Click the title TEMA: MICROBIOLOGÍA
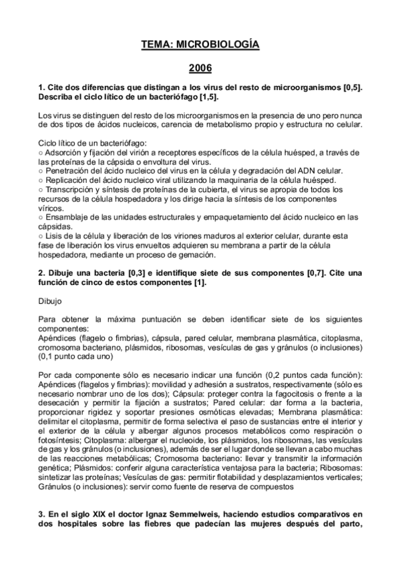(x=200, y=45)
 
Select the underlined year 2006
(x=200, y=68)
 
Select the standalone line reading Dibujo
(x=50, y=301)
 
